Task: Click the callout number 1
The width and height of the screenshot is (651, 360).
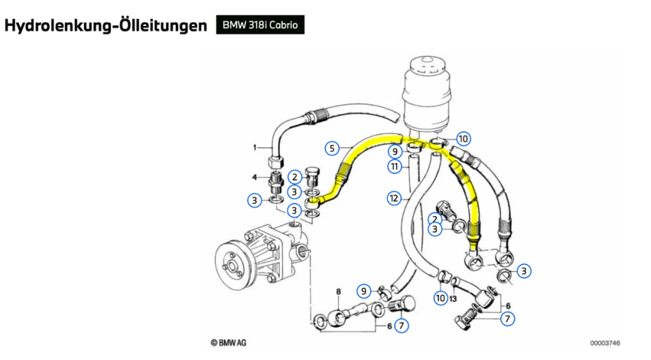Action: (x=255, y=147)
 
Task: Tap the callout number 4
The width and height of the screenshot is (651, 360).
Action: (x=255, y=177)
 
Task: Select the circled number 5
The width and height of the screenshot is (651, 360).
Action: (x=333, y=148)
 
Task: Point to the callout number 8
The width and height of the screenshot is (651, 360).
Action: (x=339, y=292)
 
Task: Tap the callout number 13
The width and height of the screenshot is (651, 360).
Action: (x=454, y=298)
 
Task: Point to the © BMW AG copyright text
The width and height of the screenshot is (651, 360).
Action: (x=229, y=342)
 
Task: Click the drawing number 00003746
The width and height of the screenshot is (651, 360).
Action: (x=605, y=342)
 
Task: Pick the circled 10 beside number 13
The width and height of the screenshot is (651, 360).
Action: (x=441, y=298)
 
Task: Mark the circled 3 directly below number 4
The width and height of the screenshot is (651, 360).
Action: (x=255, y=201)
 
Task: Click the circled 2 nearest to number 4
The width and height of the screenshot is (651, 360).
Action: (x=295, y=176)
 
